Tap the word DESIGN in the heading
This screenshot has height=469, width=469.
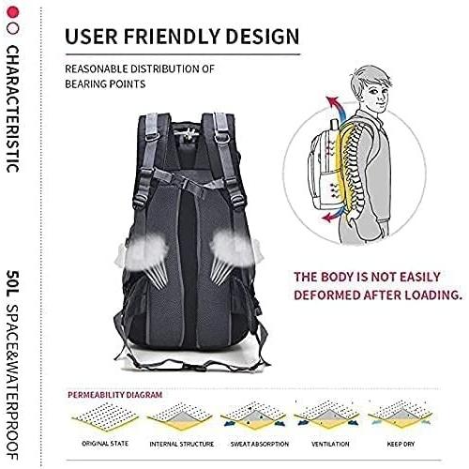263,36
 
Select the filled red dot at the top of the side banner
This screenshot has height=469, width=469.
13,12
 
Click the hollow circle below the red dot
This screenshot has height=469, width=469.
13,28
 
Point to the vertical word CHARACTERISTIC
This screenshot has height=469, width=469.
13,109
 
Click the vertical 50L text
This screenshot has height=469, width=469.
13,283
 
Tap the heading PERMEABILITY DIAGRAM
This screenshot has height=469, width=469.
114,395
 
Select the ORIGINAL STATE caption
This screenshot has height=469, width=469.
105,444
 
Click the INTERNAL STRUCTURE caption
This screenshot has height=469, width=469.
181,444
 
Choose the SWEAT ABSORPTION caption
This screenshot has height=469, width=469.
260,444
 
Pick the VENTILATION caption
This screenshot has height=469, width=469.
330,444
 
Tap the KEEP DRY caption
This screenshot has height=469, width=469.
401,444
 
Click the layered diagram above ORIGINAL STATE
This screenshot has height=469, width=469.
105,416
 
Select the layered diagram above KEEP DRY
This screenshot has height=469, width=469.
401,415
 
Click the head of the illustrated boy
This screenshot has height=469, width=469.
373,89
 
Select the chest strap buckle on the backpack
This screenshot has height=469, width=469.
185,182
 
